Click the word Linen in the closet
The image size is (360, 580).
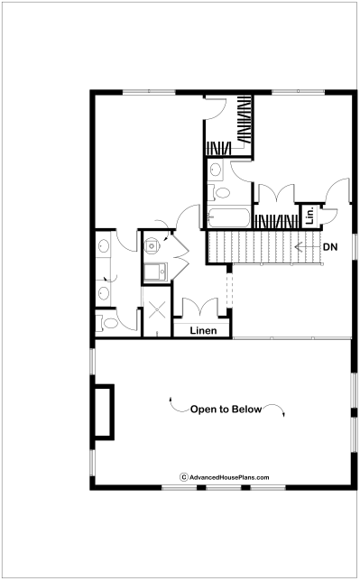[203, 330]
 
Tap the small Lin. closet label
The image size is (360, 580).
[310, 216]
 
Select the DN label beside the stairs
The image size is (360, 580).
[330, 247]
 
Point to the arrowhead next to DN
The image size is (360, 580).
[298, 246]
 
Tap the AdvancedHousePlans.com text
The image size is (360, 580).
[229, 477]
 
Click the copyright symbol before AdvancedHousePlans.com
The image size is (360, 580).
[184, 477]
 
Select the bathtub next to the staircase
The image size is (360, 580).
[228, 218]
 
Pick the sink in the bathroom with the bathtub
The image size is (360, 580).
[216, 170]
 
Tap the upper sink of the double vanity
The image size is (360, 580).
[104, 245]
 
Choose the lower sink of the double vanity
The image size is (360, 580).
[104, 293]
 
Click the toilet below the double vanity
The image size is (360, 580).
[107, 323]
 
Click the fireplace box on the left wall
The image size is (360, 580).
[104, 412]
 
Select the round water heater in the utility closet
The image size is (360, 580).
[152, 245]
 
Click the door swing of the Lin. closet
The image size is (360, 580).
[330, 216]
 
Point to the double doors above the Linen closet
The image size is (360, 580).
[200, 307]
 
